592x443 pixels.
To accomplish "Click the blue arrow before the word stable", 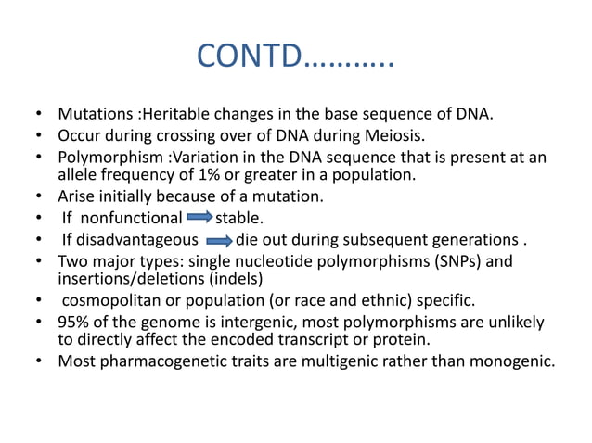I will (199, 218).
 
